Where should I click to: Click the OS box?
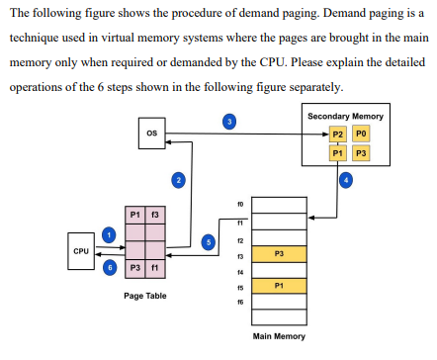(151, 133)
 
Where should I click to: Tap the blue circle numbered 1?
(110, 233)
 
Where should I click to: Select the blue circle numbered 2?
(178, 179)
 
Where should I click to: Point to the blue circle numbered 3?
(229, 121)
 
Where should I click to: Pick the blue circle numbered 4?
(345, 179)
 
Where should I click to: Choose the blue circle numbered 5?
(208, 240)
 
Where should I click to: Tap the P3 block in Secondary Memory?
(361, 153)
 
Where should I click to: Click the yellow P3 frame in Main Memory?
(280, 253)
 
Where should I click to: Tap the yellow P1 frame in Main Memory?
(280, 286)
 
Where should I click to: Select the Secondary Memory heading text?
(346, 117)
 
